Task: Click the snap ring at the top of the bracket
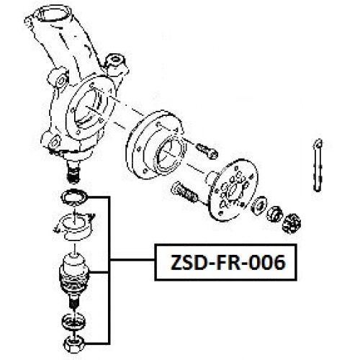point(74,198)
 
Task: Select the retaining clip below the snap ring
point(74,225)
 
